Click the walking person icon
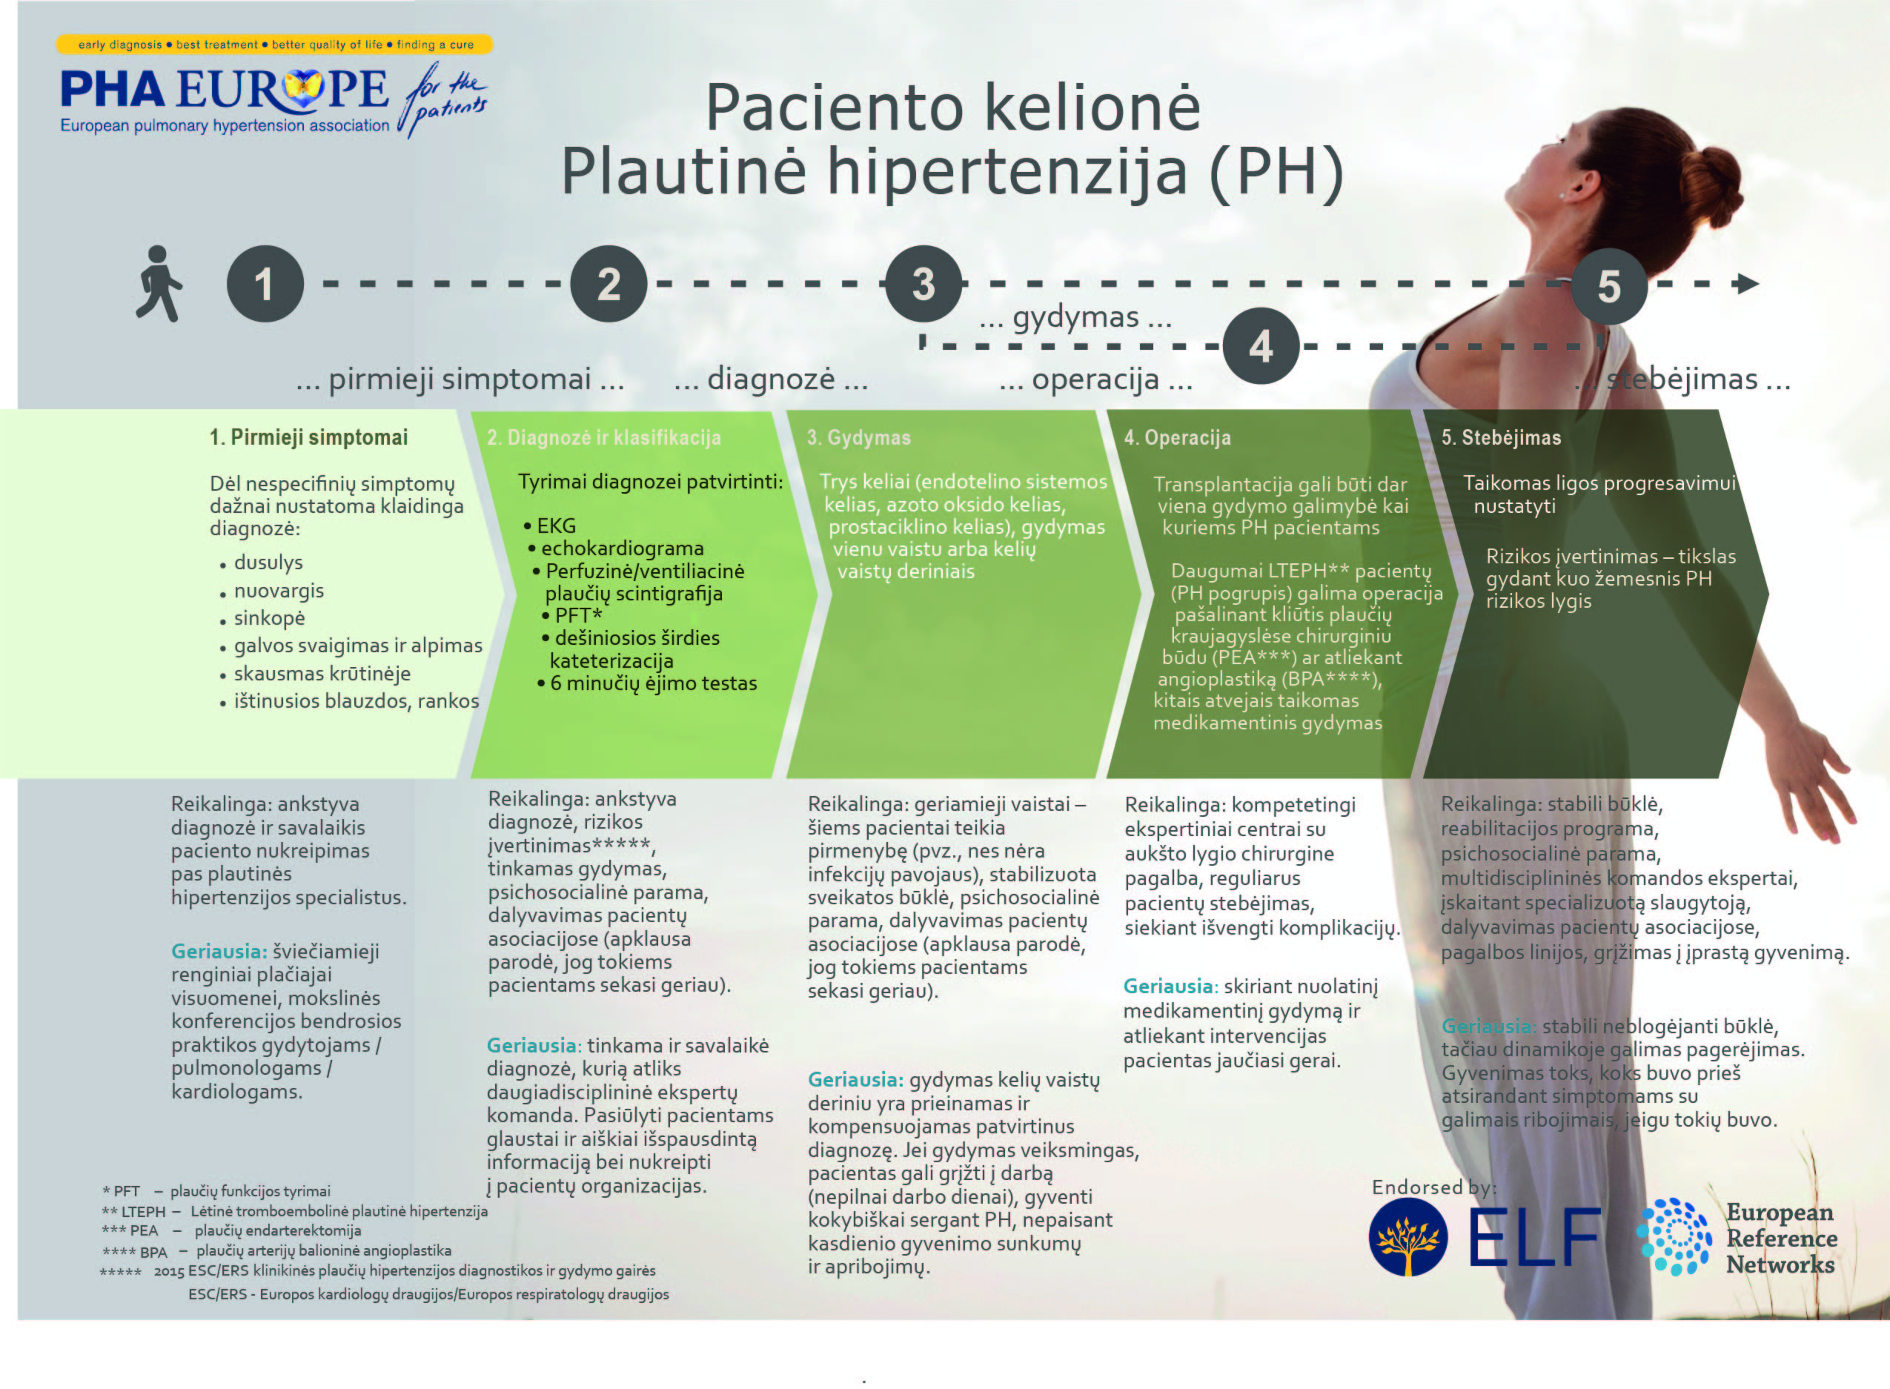click(x=159, y=283)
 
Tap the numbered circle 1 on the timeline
click(x=265, y=283)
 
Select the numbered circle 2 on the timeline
click(x=609, y=283)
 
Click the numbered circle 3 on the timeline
click(x=924, y=283)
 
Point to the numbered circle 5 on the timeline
click(x=1608, y=286)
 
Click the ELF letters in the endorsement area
click(x=1535, y=1236)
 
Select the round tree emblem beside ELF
click(x=1408, y=1237)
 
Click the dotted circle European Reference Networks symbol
click(x=1674, y=1237)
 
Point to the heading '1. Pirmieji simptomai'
click(x=308, y=437)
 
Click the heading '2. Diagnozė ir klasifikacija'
click(x=603, y=437)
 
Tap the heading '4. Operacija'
click(x=1177, y=437)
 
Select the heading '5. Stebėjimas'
click(x=1501, y=437)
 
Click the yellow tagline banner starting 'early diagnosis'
click(x=275, y=44)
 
